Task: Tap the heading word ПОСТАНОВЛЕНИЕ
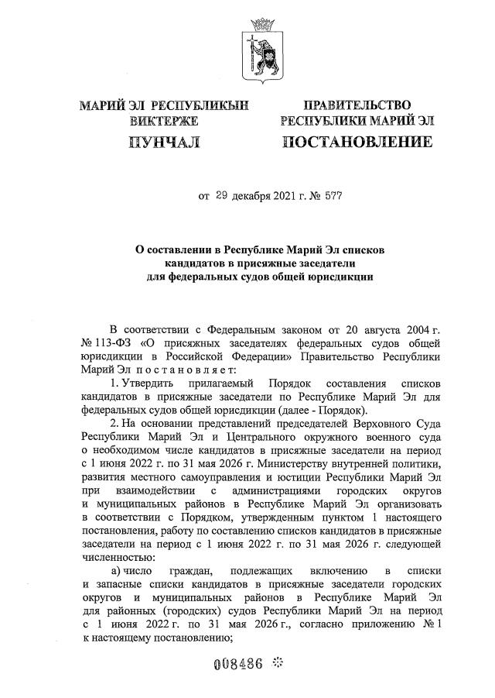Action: [357, 141]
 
